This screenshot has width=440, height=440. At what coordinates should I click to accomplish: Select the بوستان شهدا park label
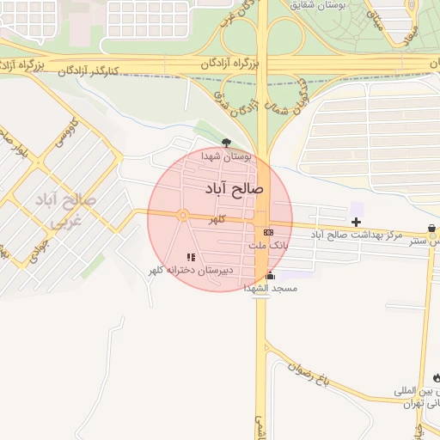(x=226, y=157)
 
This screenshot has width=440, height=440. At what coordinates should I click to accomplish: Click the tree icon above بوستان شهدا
(x=226, y=143)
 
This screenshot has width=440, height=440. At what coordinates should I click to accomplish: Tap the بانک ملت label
(x=269, y=245)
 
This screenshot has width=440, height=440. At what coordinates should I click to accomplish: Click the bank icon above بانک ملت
(x=268, y=231)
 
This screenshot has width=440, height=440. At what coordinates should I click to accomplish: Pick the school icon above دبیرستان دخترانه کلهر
(x=191, y=257)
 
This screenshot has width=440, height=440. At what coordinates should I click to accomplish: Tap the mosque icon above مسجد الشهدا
(x=271, y=276)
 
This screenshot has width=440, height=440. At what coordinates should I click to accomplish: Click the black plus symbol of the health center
(x=356, y=222)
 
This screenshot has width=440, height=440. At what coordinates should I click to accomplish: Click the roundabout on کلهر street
(x=183, y=216)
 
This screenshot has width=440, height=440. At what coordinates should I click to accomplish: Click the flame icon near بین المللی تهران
(x=437, y=377)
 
